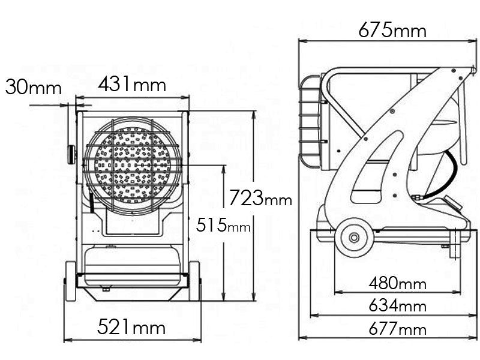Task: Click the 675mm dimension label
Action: click(x=392, y=31)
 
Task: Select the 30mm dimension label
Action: click(x=34, y=87)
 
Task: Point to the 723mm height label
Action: click(x=260, y=198)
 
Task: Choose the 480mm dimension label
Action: click(x=397, y=283)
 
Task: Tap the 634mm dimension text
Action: click(x=397, y=305)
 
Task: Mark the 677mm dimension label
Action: click(x=397, y=329)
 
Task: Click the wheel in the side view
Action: click(x=354, y=238)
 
